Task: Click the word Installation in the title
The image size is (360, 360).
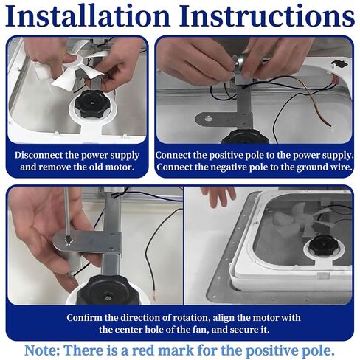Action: click(88, 15)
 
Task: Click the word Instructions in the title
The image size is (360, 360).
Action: click(267, 15)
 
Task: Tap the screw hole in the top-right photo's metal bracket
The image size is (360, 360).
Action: click(209, 120)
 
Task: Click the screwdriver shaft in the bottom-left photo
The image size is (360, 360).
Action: click(66, 212)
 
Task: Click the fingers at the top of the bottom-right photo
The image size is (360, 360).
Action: click(218, 196)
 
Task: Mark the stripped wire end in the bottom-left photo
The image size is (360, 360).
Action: click(155, 296)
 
